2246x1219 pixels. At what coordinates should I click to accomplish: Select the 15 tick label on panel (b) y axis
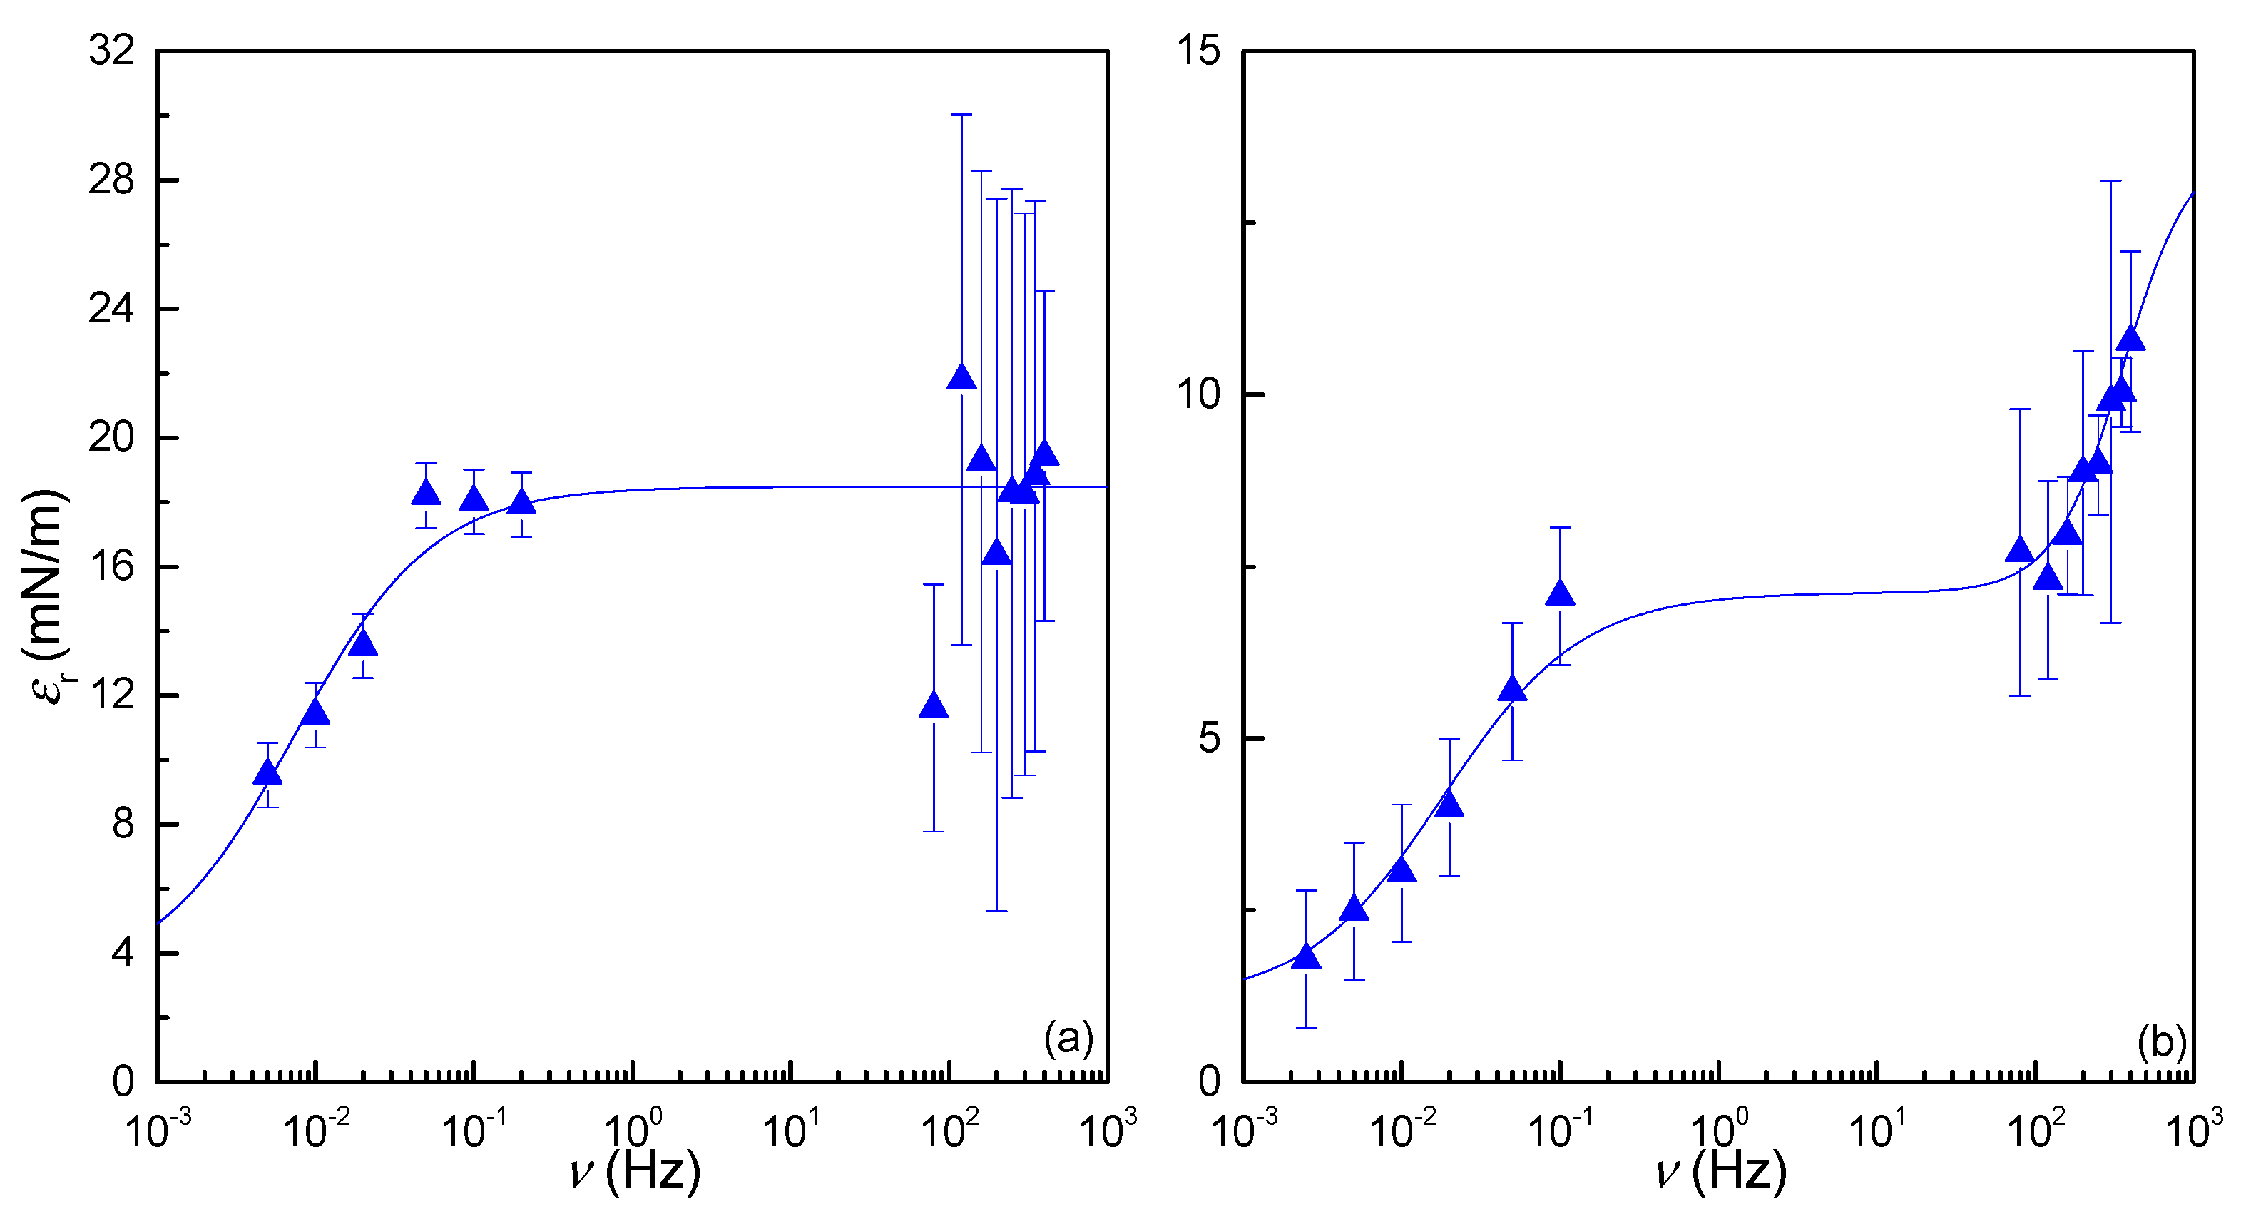tap(1198, 51)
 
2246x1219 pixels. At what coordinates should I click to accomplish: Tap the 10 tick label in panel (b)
tap(1198, 394)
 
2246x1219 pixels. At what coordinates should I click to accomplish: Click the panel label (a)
tap(1068, 1039)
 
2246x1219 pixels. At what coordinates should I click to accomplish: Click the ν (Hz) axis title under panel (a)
tap(634, 1172)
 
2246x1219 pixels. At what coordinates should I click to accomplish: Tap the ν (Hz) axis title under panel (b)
tap(1720, 1172)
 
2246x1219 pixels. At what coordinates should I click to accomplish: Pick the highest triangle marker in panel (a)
tap(961, 377)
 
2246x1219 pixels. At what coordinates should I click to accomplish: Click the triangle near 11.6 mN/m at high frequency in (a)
tap(933, 705)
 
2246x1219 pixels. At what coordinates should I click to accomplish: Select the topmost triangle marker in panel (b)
tap(2130, 338)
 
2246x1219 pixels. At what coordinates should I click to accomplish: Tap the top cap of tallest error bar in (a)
tap(961, 114)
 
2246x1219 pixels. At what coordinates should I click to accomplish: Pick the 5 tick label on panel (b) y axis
tap(1210, 738)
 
